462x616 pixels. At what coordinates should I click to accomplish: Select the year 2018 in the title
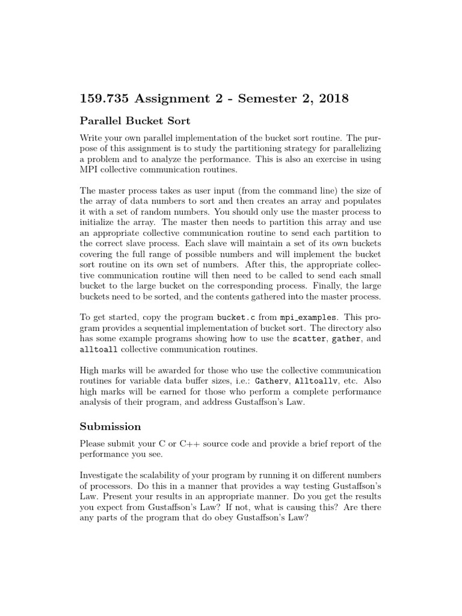pyautogui.click(x=327, y=98)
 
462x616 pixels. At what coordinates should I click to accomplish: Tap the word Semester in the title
pyautogui.click(x=247, y=98)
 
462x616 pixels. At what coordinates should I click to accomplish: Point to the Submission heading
pyautogui.click(x=111, y=426)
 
